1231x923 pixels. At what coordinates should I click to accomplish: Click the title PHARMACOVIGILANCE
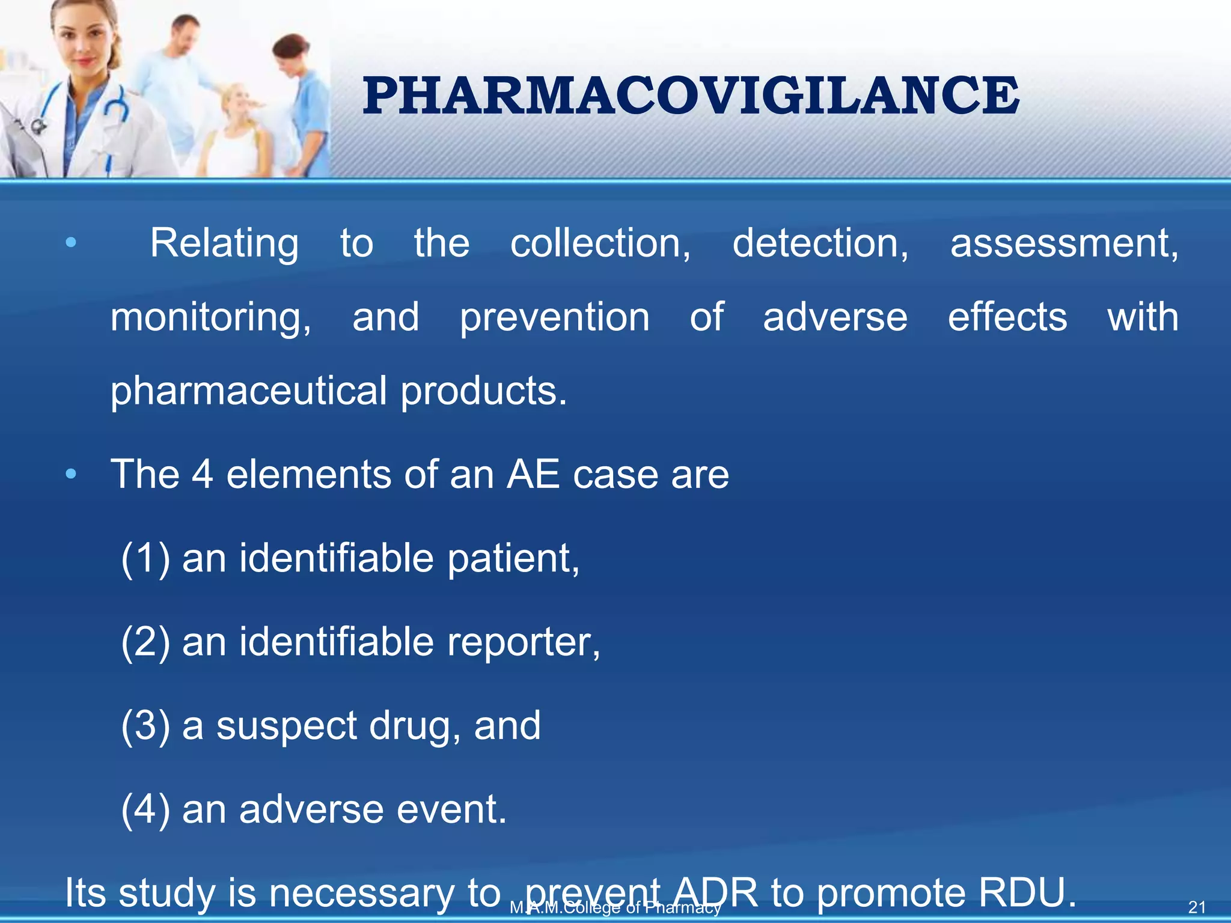click(691, 96)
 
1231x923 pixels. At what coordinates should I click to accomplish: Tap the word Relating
click(224, 243)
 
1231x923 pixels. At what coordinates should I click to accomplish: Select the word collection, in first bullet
click(600, 243)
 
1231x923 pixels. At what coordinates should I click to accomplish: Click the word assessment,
click(1063, 243)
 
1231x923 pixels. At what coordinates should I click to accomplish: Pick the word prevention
click(554, 317)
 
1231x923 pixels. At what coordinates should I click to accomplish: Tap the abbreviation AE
click(533, 475)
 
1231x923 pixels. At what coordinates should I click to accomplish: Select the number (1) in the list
click(145, 559)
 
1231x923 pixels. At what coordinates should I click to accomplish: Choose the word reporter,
click(523, 642)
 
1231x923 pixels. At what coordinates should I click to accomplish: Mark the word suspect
click(286, 726)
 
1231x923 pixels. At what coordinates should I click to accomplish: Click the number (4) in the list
click(145, 809)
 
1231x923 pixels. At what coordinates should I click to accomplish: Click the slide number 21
click(1197, 907)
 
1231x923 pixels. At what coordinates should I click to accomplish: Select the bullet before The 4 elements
click(71, 475)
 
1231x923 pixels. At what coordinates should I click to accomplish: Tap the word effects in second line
click(1007, 317)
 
